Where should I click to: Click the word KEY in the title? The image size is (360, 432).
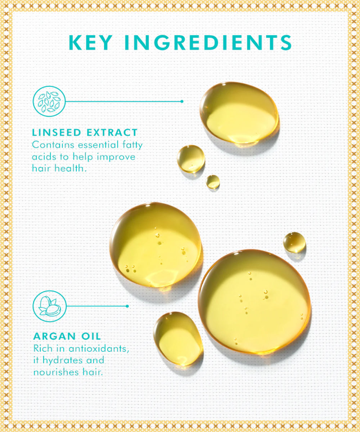point(90,42)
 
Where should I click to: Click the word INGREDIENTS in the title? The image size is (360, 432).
point(208,42)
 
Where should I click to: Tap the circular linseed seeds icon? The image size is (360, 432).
point(49,102)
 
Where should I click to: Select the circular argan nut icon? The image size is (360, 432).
point(50,306)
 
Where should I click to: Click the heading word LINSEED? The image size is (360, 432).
point(57,132)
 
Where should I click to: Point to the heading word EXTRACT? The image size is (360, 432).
point(112,132)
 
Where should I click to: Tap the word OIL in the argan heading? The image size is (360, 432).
point(91,336)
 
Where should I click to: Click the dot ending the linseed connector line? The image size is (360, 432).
point(182,102)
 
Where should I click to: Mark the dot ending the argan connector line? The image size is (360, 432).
point(127,306)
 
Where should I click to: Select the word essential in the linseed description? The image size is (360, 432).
point(98,145)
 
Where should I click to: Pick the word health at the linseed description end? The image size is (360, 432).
point(71,168)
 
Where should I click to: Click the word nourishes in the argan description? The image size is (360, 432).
point(56,372)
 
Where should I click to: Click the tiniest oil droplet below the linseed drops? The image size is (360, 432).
point(213,182)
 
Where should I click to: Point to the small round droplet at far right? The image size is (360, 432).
point(294,242)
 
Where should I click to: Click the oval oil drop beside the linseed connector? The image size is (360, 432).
point(239,112)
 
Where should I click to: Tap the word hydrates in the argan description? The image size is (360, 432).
point(63,361)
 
